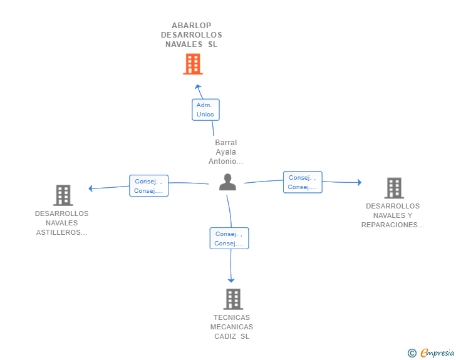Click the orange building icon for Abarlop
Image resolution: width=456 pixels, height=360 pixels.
tap(193, 64)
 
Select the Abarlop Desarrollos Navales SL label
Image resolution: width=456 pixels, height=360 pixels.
tap(192, 35)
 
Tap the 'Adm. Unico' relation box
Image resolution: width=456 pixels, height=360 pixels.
tap(205, 110)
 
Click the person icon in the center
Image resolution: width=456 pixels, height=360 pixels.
tap(227, 182)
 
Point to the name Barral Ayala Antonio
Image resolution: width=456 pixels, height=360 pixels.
tap(225, 152)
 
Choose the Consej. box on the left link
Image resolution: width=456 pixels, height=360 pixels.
tap(148, 186)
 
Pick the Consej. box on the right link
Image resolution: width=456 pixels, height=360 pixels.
tap(303, 182)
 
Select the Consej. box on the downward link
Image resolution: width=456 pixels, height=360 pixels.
tap(229, 239)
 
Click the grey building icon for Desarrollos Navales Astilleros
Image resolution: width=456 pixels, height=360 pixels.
tap(63, 195)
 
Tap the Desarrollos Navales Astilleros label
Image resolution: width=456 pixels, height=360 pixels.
tap(62, 223)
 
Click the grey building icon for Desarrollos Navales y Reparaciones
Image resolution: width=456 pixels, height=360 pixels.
tap(393, 188)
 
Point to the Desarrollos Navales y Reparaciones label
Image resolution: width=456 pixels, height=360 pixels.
tap(393, 215)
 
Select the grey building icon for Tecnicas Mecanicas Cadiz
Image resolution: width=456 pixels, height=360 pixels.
tap(233, 299)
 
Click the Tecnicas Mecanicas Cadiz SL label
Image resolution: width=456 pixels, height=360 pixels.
tap(232, 327)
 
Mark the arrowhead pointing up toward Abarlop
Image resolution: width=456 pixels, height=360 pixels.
tap(198, 87)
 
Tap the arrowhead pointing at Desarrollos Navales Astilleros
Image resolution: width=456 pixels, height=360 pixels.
tap(91, 188)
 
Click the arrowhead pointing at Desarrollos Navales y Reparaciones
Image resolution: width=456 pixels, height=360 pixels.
tap(359, 182)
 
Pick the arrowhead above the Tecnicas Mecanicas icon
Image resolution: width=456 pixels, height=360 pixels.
tap(232, 280)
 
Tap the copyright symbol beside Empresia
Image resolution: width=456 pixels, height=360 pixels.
tap(412, 353)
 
